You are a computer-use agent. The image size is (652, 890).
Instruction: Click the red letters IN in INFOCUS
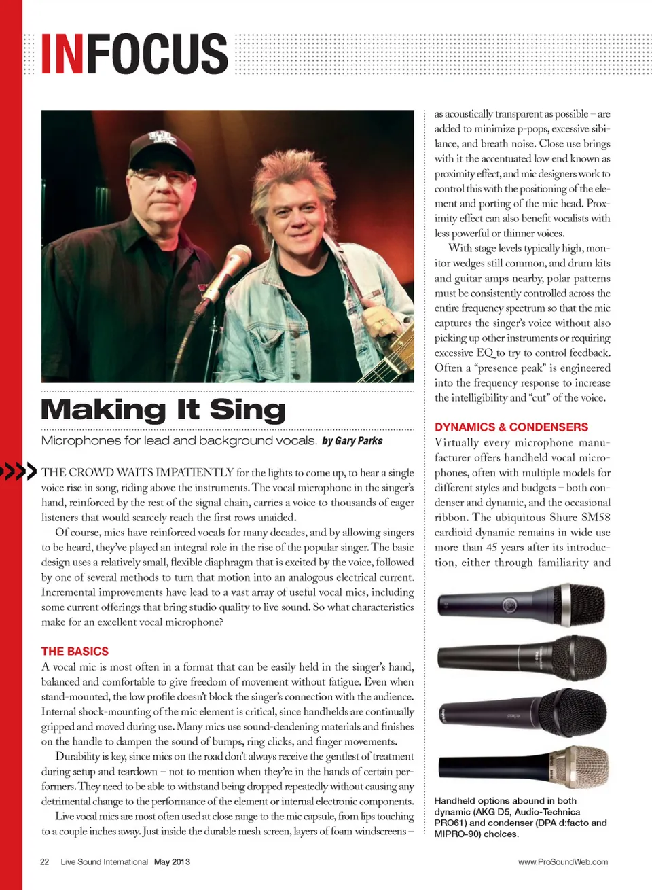(x=62, y=54)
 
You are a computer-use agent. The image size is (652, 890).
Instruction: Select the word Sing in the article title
(x=247, y=410)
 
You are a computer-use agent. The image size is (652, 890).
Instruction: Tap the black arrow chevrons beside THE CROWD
(x=18, y=471)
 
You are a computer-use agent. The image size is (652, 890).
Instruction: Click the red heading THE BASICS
(x=75, y=651)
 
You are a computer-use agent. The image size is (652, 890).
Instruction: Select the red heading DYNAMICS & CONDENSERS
(x=511, y=427)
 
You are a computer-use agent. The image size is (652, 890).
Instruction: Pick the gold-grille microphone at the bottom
(x=581, y=766)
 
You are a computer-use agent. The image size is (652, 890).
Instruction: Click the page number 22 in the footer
(x=45, y=861)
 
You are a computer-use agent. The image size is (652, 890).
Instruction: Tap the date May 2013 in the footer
(x=172, y=861)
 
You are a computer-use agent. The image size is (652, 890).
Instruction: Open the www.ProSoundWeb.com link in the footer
(x=562, y=861)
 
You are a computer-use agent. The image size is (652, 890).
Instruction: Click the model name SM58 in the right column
(x=596, y=517)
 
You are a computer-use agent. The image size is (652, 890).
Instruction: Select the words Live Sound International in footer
(x=104, y=861)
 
